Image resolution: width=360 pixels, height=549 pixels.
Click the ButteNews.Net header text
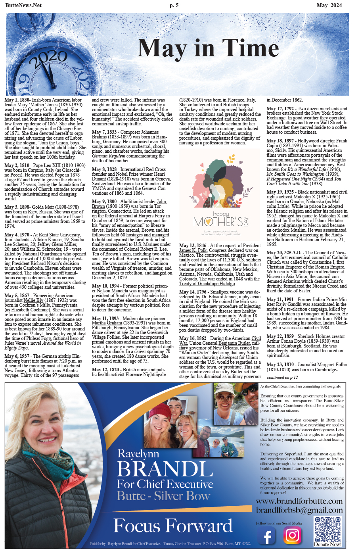[23, 6]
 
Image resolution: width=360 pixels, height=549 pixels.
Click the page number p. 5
[174, 6]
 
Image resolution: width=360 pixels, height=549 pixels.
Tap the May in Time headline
[208, 48]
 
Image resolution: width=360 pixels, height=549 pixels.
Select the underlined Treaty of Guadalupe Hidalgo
[207, 284]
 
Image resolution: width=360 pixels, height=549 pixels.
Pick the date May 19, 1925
[280, 192]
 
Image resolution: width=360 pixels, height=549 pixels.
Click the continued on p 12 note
[282, 377]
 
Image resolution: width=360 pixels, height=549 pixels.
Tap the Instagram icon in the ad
[292, 535]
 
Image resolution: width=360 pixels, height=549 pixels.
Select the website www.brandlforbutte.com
[299, 501]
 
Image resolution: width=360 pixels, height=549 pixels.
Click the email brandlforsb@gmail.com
[299, 510]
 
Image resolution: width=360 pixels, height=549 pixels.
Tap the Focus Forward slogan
[172, 526]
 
